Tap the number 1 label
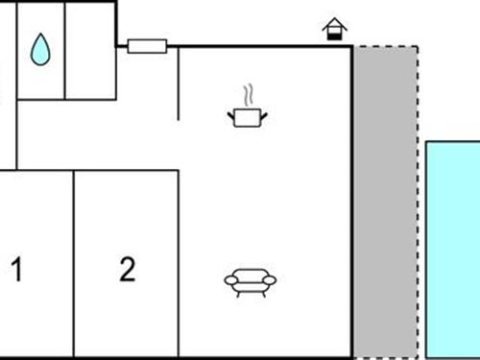pyautogui.click(x=16, y=270)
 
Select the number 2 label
pyautogui.click(x=128, y=270)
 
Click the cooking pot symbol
pyautogui.click(x=248, y=117)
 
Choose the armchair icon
pyautogui.click(x=250, y=280)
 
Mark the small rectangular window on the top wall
pyautogui.click(x=147, y=45)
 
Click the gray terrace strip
pyautogui.click(x=384, y=202)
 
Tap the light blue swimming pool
pyautogui.click(x=452, y=250)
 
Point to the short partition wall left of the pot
pyautogui.click(x=179, y=83)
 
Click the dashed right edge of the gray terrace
pyautogui.click(x=418, y=202)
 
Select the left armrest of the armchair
pyautogui.click(x=229, y=280)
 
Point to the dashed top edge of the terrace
pyautogui.click(x=385, y=46)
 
